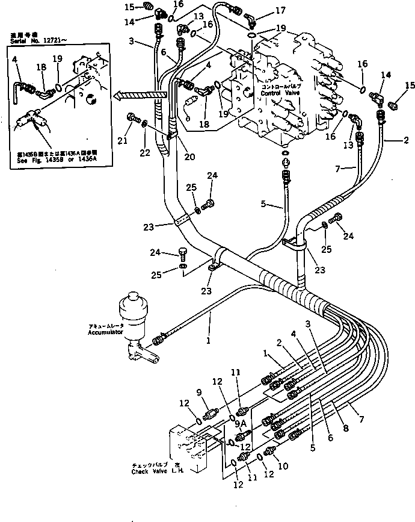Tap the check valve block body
coord(189,445)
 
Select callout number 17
coord(281,10)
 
